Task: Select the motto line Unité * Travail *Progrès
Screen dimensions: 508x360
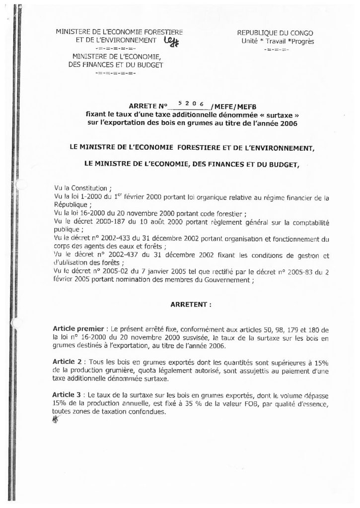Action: tap(275, 41)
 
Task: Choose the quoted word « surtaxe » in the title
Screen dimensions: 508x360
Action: tap(270, 114)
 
